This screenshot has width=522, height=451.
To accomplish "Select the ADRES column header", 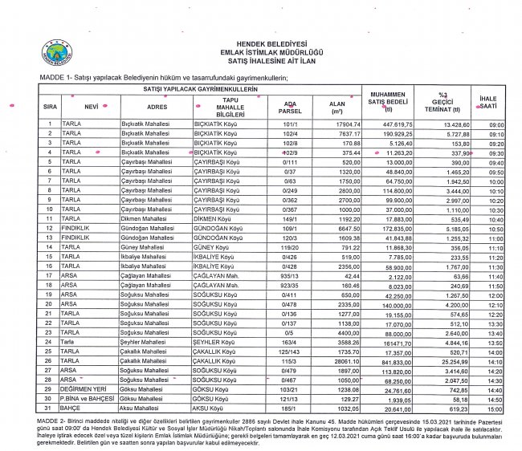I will [157, 106].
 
